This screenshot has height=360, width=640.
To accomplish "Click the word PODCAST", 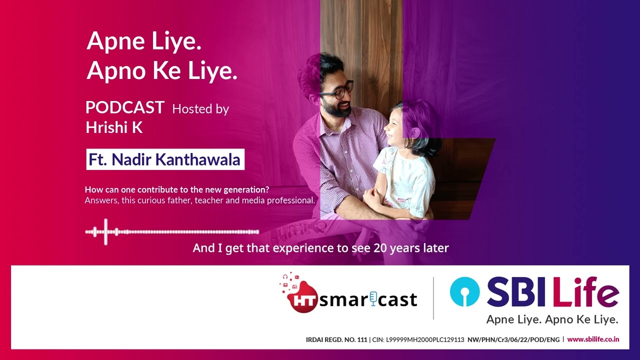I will [x=124, y=107].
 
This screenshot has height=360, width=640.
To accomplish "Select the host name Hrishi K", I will [x=114, y=127].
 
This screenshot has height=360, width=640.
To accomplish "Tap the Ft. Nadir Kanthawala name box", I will [x=165, y=159].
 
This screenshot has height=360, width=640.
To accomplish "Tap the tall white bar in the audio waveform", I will [x=105, y=231].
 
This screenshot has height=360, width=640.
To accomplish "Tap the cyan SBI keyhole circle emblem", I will [x=464, y=292].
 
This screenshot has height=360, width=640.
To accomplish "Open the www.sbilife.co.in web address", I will [x=593, y=339].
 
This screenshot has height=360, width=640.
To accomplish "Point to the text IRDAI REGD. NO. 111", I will [x=336, y=339].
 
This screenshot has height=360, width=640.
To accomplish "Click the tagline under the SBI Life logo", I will [x=552, y=319].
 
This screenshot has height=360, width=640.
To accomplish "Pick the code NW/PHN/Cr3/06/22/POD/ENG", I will [x=513, y=339].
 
